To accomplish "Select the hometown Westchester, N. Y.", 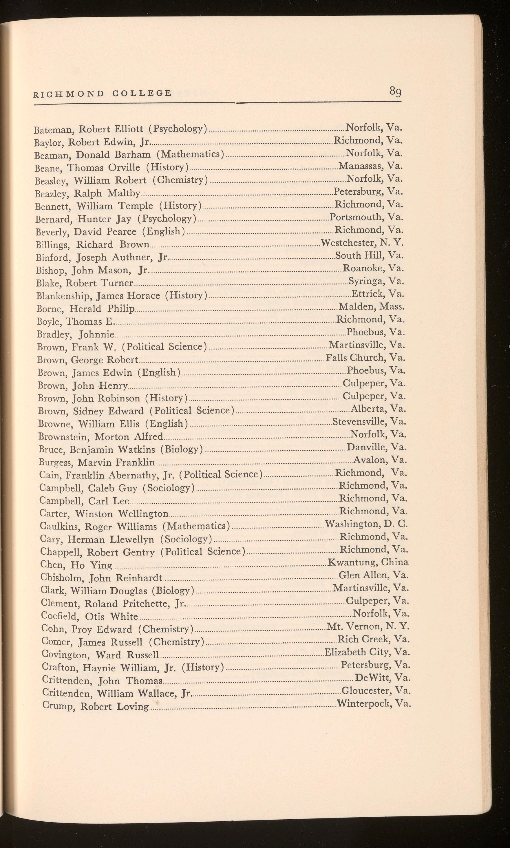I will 361,243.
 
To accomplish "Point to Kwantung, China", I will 368,562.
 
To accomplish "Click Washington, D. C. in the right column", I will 366,524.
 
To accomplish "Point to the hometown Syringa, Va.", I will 376,281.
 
